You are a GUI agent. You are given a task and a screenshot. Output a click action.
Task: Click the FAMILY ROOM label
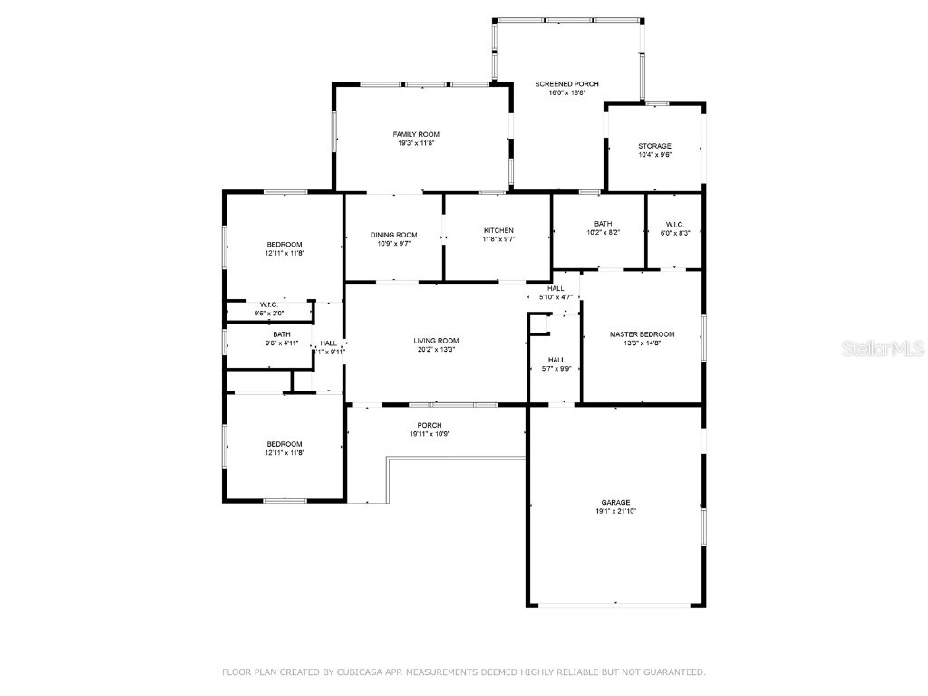point(416,134)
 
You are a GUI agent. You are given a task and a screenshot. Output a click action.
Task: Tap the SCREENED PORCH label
point(567,83)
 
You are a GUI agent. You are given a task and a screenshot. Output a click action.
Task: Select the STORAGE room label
point(654,146)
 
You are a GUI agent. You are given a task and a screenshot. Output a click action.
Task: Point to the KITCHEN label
point(498,230)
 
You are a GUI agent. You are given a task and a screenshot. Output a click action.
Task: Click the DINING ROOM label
point(394,235)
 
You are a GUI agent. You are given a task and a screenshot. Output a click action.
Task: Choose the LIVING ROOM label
point(436,341)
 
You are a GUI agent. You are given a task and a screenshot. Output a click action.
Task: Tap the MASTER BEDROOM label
point(642,334)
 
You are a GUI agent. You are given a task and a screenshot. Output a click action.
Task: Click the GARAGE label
point(615,502)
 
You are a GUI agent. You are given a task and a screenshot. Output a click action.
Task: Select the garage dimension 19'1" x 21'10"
point(615,511)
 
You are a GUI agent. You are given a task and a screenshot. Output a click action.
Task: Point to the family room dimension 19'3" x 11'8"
point(416,143)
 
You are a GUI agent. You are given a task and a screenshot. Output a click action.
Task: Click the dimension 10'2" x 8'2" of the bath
point(603,233)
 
